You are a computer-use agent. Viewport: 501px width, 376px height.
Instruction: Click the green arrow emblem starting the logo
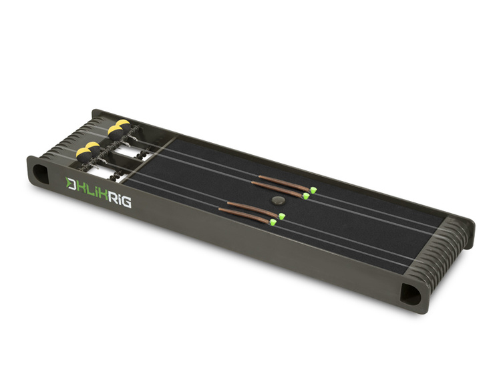click(69, 184)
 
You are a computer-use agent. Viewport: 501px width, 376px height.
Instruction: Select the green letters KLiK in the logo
click(92, 191)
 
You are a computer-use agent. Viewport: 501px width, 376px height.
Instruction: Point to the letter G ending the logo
click(126, 202)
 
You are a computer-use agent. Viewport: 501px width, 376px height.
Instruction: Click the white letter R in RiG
click(111, 198)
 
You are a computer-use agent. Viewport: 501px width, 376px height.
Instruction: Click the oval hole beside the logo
click(40, 173)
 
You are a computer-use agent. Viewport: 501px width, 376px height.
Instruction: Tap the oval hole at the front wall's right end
click(411, 294)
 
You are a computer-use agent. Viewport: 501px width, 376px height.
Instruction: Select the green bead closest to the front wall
click(273, 222)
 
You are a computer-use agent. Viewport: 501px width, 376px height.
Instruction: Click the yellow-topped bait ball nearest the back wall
click(123, 125)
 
